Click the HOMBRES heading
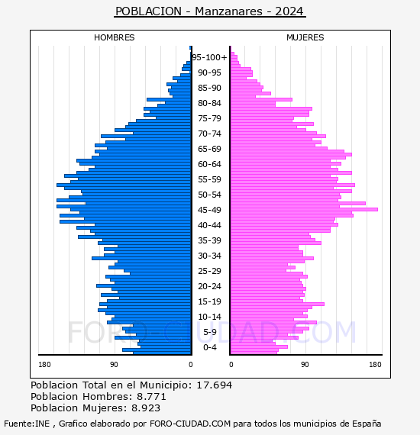point(114,37)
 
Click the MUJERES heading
point(305,37)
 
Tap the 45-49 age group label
point(209,210)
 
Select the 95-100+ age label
point(209,57)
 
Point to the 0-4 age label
point(209,347)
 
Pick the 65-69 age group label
point(209,149)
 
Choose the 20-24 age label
point(209,286)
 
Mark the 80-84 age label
point(209,103)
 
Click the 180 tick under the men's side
point(44,364)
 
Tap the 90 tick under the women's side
point(305,364)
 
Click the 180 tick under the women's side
point(375,364)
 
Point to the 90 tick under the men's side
point(114,364)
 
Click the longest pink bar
point(304,209)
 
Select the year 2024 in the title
point(289,11)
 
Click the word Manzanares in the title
point(228,11)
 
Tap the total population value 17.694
point(214,385)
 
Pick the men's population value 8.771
point(151,396)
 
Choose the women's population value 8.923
point(146,408)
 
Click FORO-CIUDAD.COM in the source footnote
point(190,424)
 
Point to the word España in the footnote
point(367,424)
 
